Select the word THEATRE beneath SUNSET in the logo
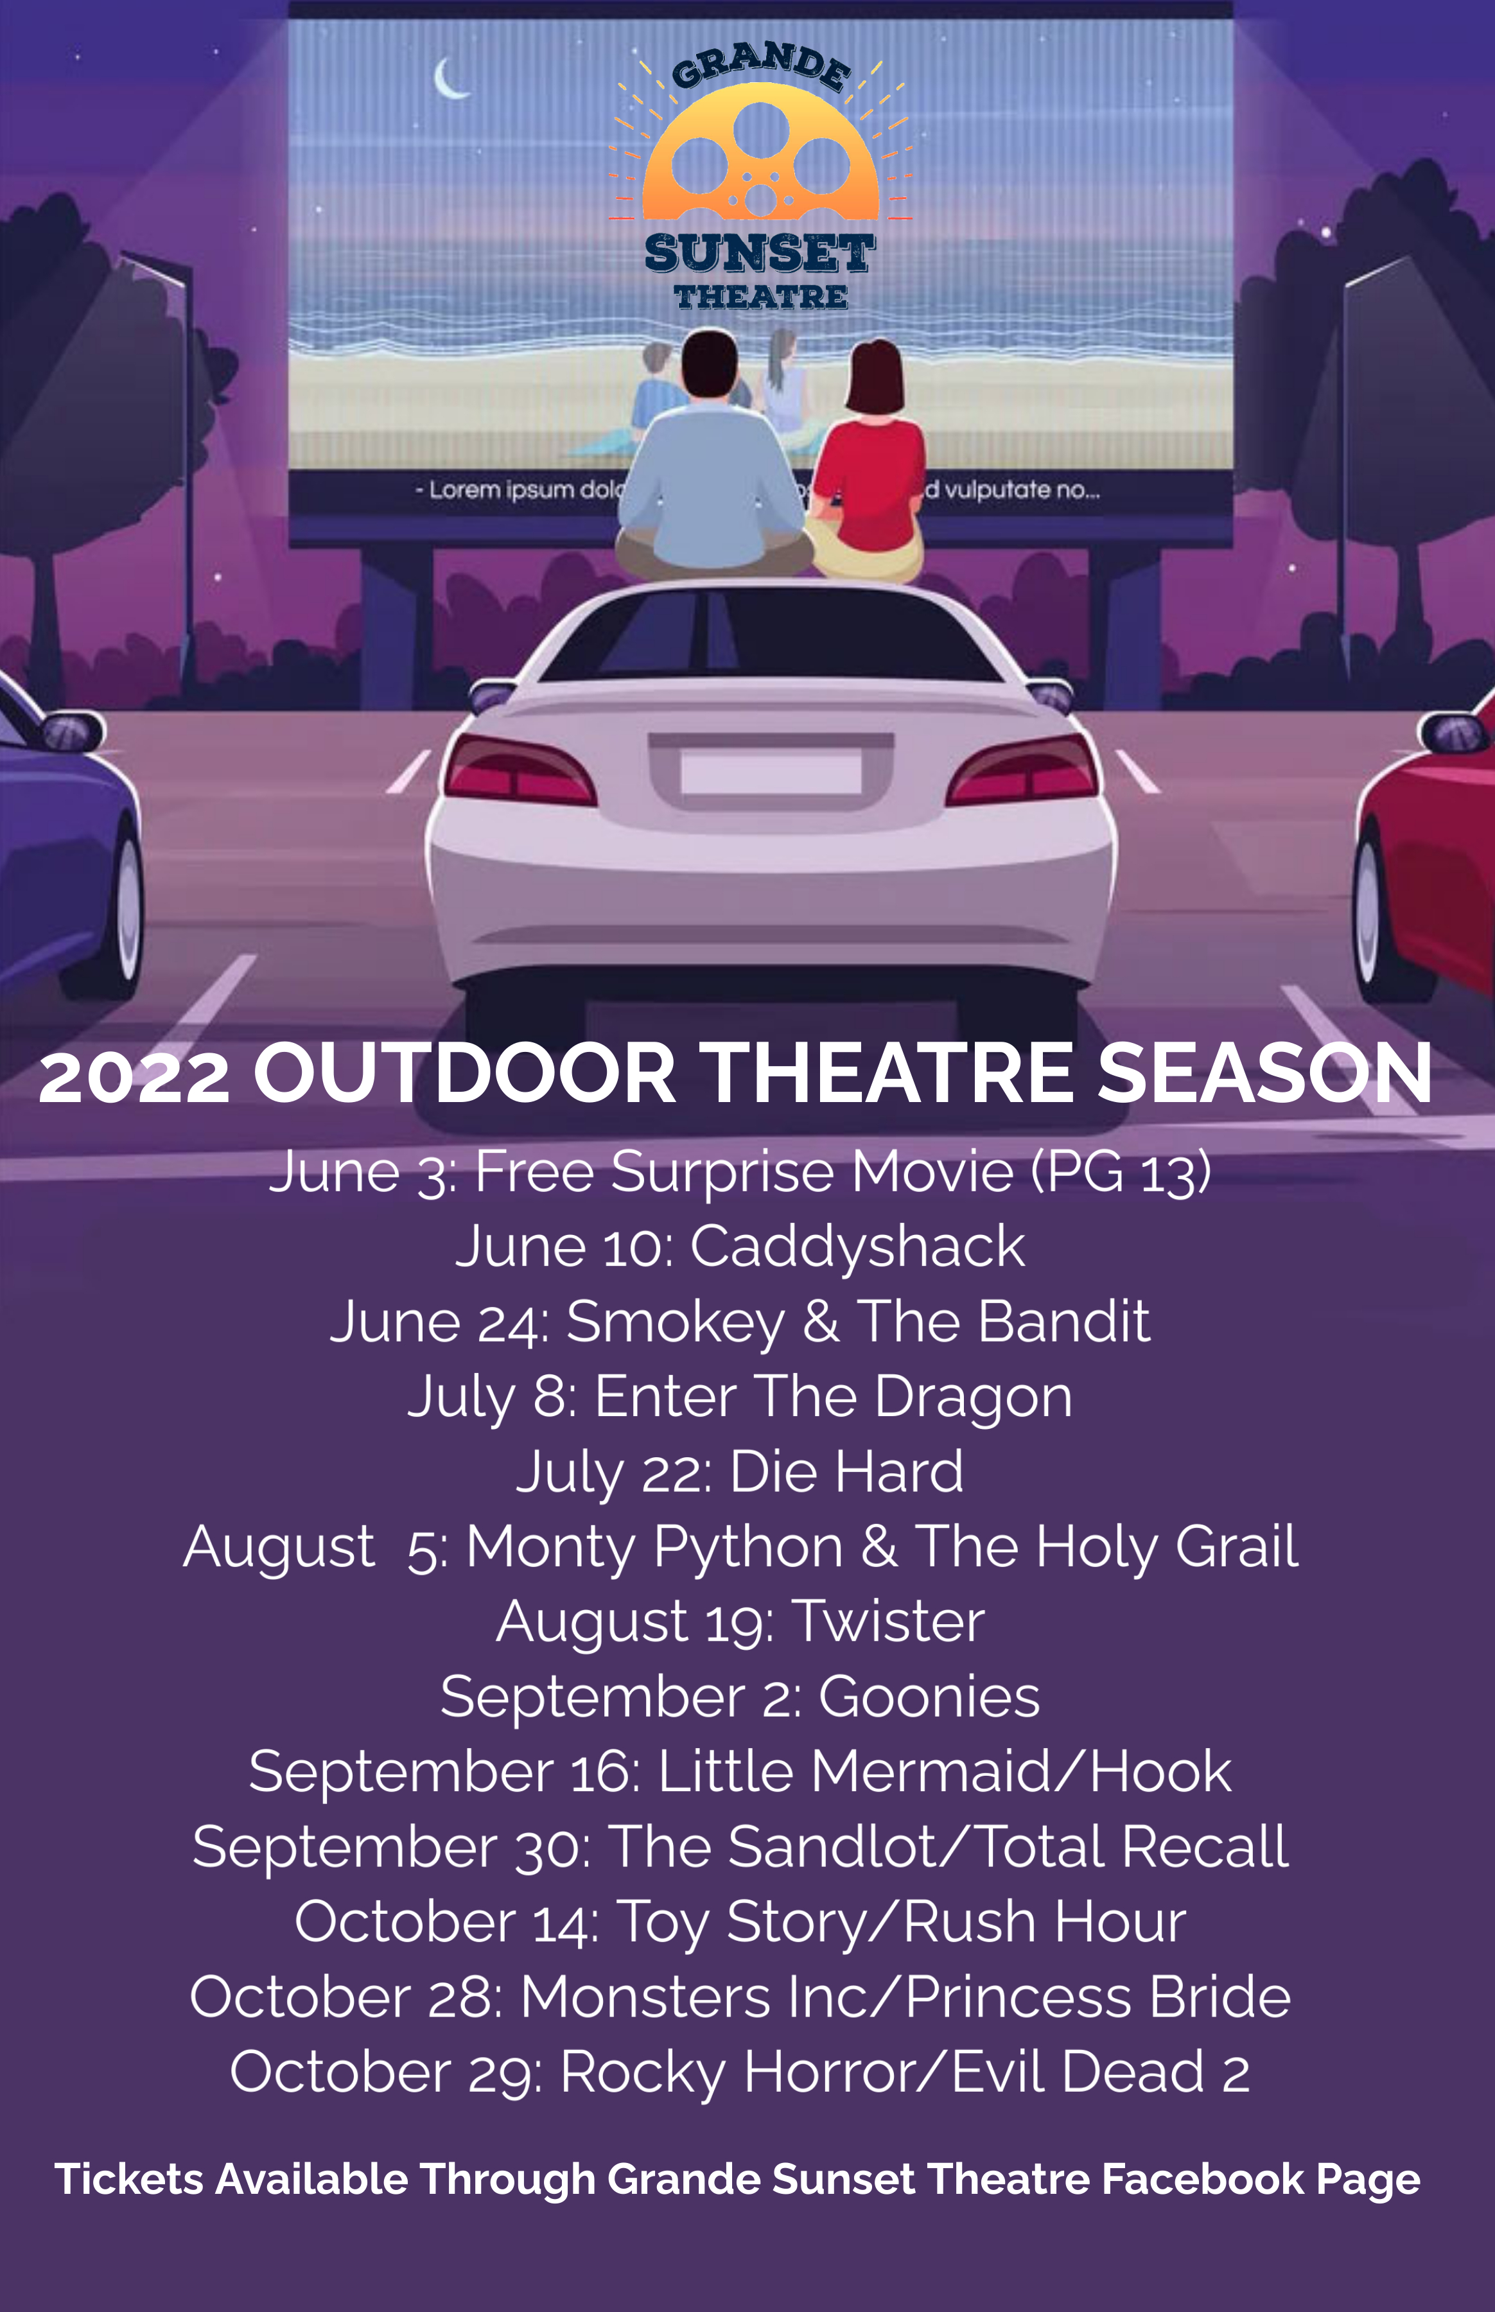click(761, 297)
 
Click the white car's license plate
click(771, 772)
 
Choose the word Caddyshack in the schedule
click(857, 1247)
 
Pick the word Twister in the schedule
click(888, 1622)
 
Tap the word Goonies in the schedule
click(929, 1697)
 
